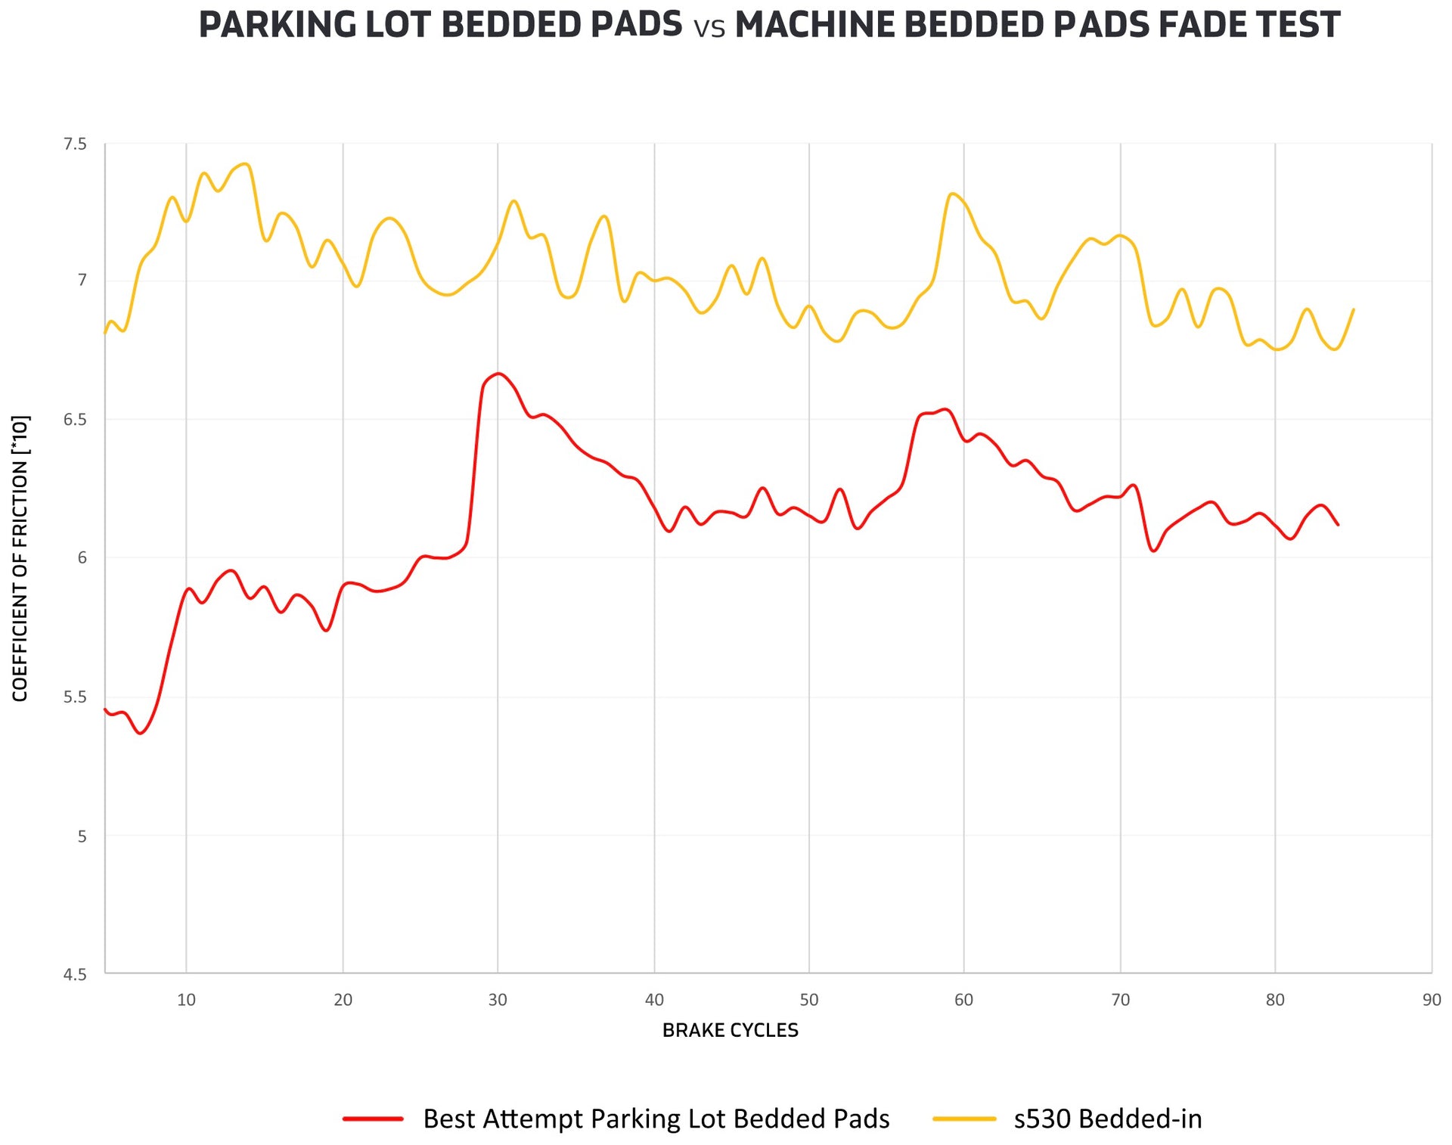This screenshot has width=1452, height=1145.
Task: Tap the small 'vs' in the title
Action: (x=709, y=29)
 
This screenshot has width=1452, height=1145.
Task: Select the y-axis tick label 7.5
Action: (x=76, y=144)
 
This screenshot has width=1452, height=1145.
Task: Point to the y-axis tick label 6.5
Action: (x=76, y=420)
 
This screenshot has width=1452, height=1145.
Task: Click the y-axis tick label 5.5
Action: (x=76, y=697)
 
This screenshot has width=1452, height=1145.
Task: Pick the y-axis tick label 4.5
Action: (x=76, y=975)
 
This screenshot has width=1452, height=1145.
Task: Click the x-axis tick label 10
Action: (x=186, y=1000)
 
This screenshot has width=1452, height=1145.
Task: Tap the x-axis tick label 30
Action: (x=498, y=1000)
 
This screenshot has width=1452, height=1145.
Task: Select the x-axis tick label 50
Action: (x=809, y=1000)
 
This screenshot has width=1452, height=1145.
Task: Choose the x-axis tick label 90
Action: (x=1432, y=1000)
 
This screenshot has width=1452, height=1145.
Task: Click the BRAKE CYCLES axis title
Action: (x=730, y=1030)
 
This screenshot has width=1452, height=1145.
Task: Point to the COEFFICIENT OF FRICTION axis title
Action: (x=20, y=558)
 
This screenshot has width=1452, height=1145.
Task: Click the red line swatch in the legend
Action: (x=373, y=1119)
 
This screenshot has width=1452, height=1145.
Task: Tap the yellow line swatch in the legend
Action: (x=964, y=1119)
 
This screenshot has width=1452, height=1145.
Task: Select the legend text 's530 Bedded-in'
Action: (x=1108, y=1119)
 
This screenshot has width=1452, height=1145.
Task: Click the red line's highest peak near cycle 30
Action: (x=498, y=374)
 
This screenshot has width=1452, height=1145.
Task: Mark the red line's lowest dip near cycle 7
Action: (x=141, y=733)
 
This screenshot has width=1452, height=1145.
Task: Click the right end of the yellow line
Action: (x=1353, y=309)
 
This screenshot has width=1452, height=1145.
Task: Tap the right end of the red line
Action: (x=1338, y=524)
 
